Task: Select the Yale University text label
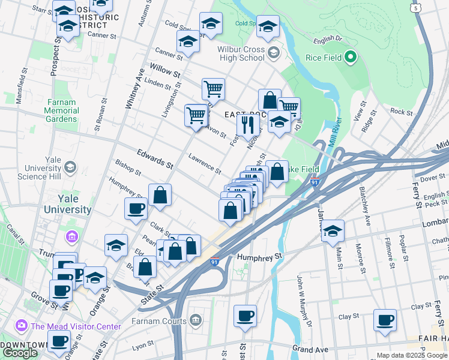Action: tap(67, 205)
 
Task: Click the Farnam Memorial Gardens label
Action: tap(62, 110)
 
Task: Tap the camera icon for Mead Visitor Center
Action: tap(22, 326)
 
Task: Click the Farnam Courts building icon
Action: tap(195, 319)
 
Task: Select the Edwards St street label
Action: tap(154, 159)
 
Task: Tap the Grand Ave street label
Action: tap(311, 349)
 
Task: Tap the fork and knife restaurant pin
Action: tap(247, 125)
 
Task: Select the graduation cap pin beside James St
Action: tap(333, 231)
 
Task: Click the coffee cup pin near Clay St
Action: tap(385, 320)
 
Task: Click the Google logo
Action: tap(20, 352)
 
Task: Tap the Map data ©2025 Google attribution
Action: tap(412, 355)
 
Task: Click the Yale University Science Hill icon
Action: tap(70, 166)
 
